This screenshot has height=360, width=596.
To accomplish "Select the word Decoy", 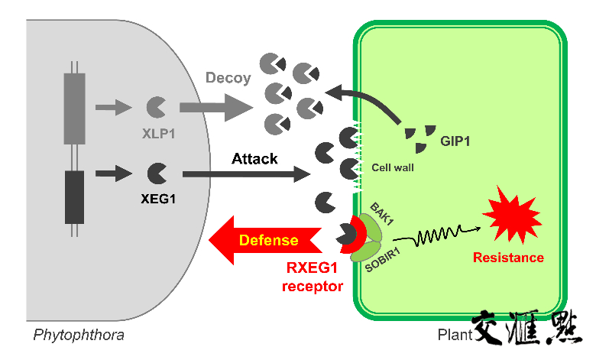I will click(228, 78).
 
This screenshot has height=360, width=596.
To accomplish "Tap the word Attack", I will click(254, 158).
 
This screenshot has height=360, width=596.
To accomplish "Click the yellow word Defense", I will click(268, 240).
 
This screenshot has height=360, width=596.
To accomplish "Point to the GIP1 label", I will click(456, 141).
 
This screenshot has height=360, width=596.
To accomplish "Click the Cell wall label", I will click(393, 167).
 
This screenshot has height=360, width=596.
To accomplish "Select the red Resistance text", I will click(508, 257).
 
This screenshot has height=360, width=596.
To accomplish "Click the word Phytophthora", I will click(79, 335).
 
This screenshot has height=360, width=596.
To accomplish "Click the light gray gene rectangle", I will click(74, 108).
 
